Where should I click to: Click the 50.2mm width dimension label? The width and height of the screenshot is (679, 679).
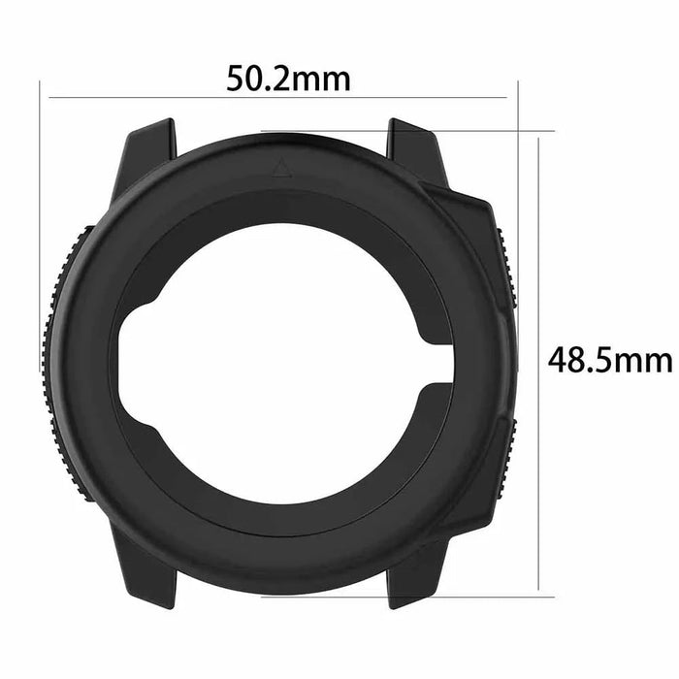[288, 79]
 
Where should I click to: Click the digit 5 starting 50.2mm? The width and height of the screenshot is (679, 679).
[235, 79]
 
